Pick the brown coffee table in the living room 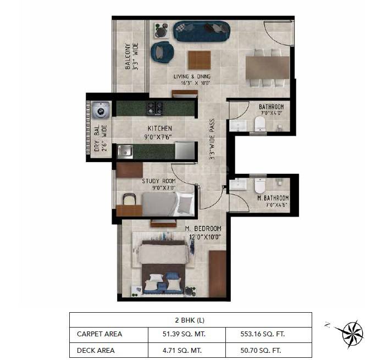click(199, 60)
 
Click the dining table click(267, 68)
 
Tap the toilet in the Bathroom click(261, 124)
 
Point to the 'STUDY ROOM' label click(159, 181)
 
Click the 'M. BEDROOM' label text click(203, 229)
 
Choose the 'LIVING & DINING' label click(192, 76)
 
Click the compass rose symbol click(351, 331)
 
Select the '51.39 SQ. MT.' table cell click(187, 334)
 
